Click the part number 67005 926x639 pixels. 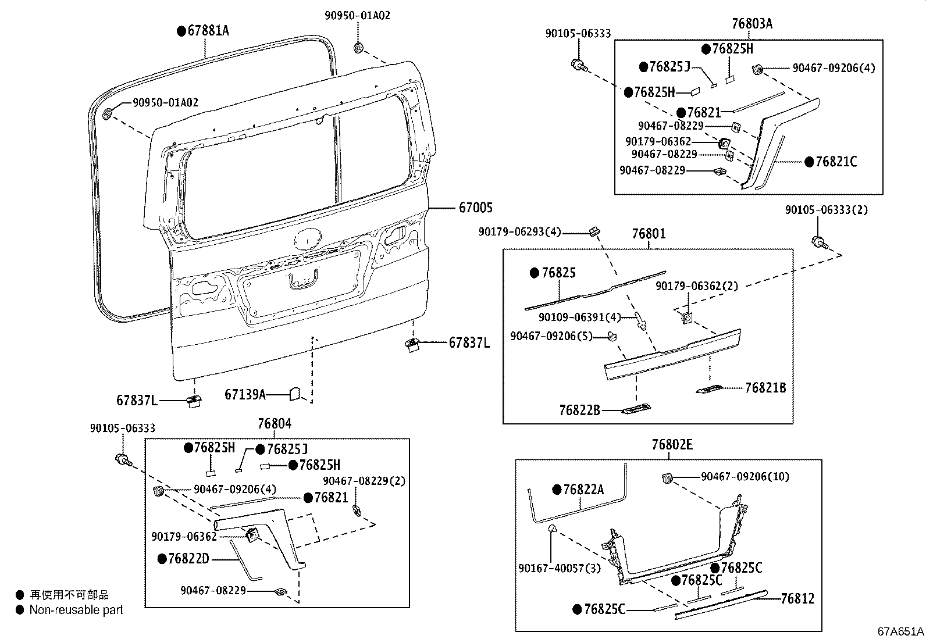(x=475, y=208)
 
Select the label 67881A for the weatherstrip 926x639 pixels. (x=208, y=31)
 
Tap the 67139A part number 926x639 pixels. (x=245, y=395)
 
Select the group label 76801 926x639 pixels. (x=649, y=234)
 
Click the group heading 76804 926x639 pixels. (x=275, y=424)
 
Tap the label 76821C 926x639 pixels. (x=836, y=162)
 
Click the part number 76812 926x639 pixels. (x=797, y=598)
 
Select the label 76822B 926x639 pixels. (x=579, y=410)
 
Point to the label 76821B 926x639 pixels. (x=765, y=388)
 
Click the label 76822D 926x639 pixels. (x=188, y=559)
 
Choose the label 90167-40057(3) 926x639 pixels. (x=551, y=568)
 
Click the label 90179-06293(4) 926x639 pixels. (x=519, y=232)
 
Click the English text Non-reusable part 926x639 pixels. (x=76, y=610)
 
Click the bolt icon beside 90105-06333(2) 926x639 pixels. (x=819, y=242)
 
